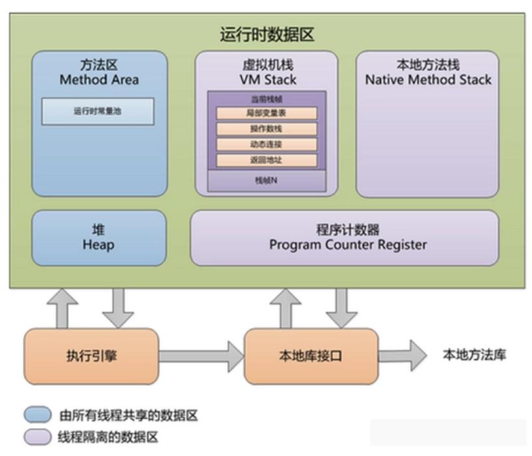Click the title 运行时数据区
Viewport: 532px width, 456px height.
point(266,34)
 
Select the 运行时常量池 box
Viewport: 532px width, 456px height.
point(98,111)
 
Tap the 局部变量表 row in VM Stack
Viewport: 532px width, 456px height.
point(266,113)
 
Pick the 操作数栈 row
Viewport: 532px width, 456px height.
point(266,129)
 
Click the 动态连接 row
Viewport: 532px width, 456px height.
point(266,144)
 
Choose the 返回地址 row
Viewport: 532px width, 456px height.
point(266,160)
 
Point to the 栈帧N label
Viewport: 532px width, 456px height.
point(266,180)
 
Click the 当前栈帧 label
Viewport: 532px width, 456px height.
point(266,99)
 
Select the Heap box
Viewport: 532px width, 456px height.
point(98,237)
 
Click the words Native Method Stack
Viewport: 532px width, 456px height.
point(428,80)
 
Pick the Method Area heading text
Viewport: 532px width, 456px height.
point(99,80)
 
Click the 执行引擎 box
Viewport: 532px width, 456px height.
point(91,355)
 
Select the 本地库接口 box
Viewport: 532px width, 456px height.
point(310,355)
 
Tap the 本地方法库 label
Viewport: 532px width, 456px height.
point(474,355)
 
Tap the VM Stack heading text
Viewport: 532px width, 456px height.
point(266,80)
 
